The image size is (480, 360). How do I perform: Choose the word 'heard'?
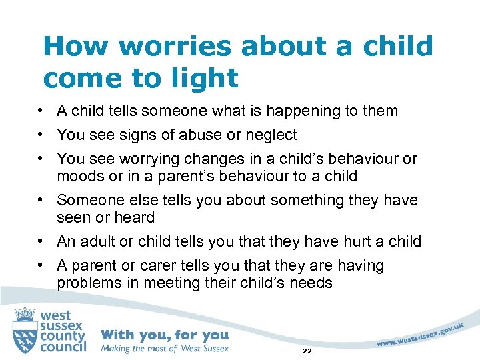137,217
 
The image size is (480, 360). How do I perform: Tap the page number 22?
307,351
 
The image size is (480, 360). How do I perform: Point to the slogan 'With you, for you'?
164,335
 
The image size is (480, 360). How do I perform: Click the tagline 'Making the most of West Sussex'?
165,348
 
